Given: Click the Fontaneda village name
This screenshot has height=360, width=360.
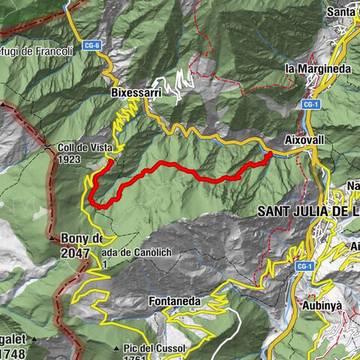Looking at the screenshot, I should [x=174, y=301].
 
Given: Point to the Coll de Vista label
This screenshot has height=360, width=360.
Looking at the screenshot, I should [x=83, y=148].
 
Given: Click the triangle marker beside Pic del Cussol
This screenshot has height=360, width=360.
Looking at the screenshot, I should [x=116, y=349].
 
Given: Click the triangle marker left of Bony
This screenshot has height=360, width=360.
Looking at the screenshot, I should [x=52, y=239].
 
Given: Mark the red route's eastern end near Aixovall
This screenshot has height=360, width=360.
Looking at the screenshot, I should [x=270, y=154].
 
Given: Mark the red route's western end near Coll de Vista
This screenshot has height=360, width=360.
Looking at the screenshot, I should [x=109, y=160].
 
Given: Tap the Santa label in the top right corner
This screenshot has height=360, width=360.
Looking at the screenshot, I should [x=342, y=12].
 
